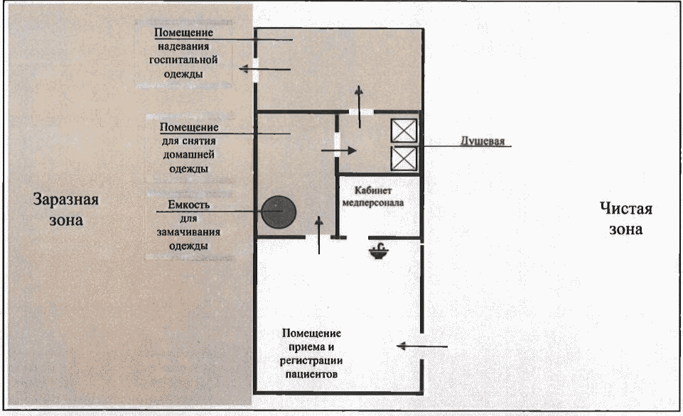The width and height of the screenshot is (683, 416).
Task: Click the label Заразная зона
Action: (66, 209)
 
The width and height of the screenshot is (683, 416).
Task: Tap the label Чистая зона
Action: (625, 219)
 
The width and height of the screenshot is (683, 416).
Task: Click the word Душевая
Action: (480, 141)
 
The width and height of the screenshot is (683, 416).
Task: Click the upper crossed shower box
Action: (403, 131)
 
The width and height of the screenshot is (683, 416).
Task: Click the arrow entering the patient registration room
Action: (422, 346)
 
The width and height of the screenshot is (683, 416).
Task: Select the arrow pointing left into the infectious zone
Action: (264, 69)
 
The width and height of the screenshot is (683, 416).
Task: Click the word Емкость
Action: (183, 207)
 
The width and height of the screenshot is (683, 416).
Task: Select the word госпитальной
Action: (183, 60)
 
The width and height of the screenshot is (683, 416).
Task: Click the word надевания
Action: (184, 47)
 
